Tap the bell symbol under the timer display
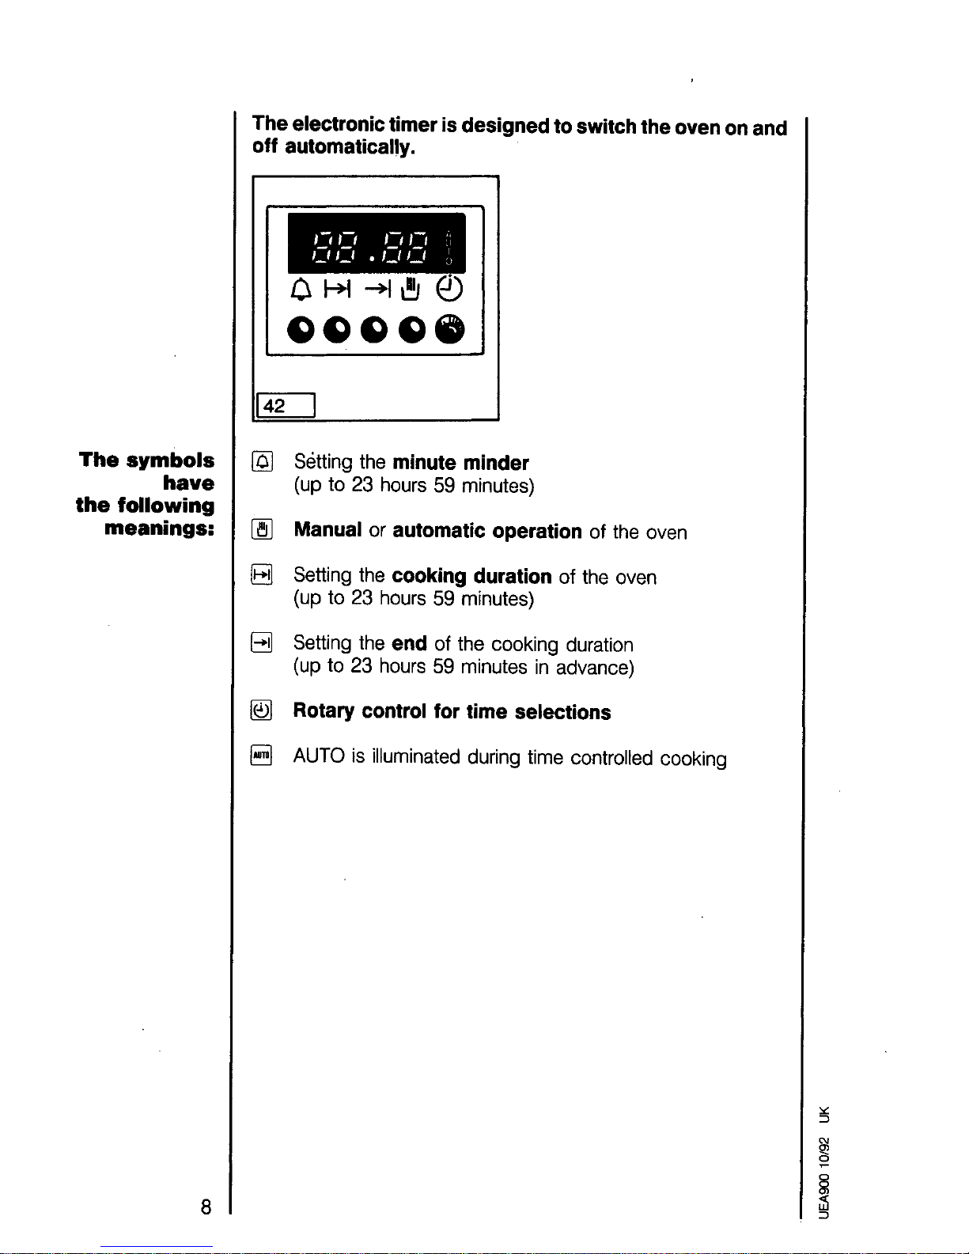[301, 290]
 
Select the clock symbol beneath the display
[450, 288]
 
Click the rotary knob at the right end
[450, 328]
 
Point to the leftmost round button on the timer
[301, 329]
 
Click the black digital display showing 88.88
[376, 243]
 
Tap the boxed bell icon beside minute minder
[262, 461]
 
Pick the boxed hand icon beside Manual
[262, 529]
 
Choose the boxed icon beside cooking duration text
[262, 575]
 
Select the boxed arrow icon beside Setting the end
[262, 642]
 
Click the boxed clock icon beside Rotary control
[262, 710]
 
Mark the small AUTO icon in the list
[262, 756]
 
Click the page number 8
[206, 1207]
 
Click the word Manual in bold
[327, 529]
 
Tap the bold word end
[409, 643]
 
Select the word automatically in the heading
[350, 147]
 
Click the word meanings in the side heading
[159, 528]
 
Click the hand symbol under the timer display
[410, 290]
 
